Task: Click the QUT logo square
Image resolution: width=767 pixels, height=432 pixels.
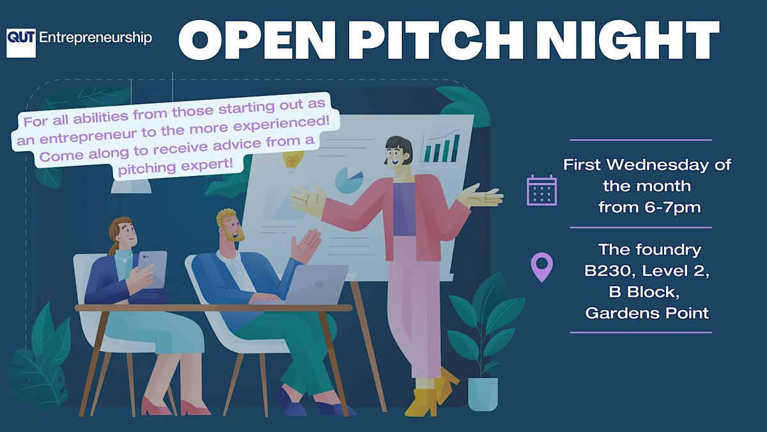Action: (20, 43)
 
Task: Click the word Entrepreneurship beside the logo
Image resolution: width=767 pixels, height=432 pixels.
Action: (96, 38)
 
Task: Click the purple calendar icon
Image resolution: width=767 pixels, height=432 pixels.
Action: (541, 190)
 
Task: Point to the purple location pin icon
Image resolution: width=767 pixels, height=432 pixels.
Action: (541, 267)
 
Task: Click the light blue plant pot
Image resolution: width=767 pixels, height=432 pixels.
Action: (482, 393)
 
